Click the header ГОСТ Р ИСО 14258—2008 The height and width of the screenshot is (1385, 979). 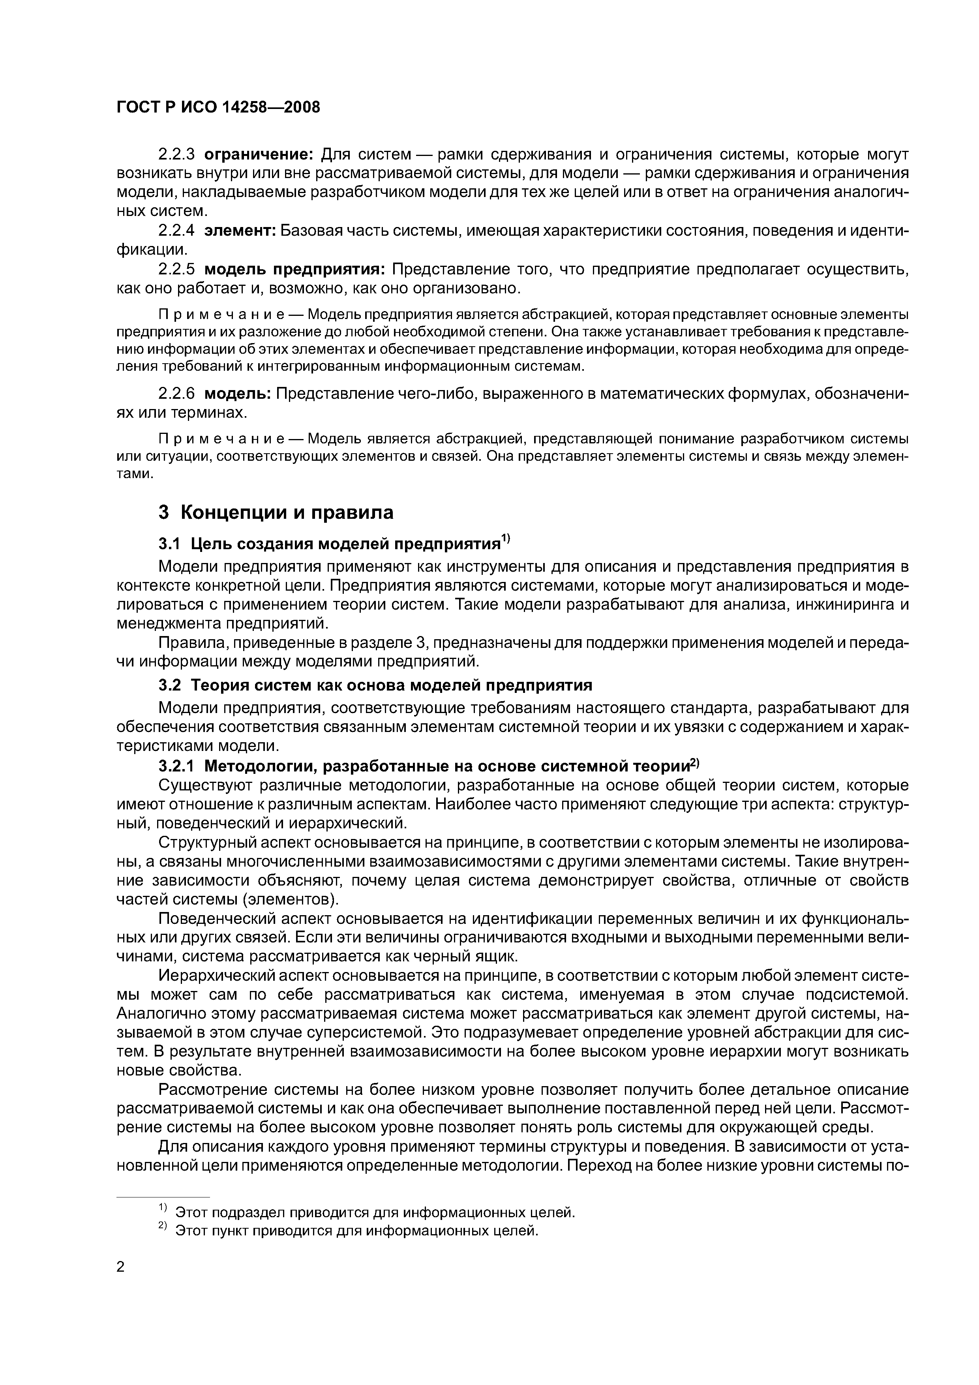coord(218,107)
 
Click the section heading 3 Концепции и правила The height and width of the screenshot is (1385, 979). coord(276,512)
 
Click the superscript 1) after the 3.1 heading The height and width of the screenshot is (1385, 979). coord(506,539)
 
